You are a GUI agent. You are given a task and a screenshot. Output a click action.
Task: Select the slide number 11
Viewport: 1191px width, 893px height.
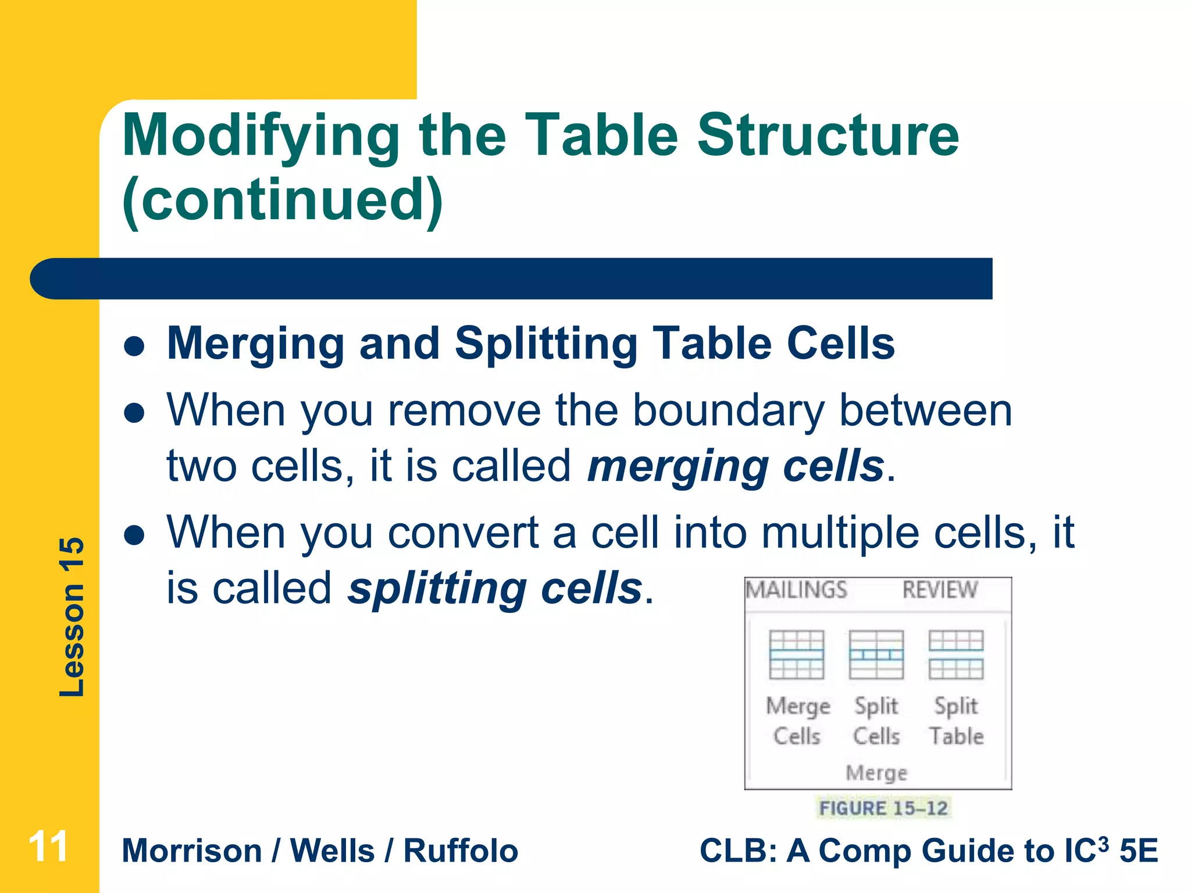(x=48, y=846)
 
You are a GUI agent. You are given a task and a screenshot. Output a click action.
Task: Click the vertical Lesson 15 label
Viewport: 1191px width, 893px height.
(x=72, y=617)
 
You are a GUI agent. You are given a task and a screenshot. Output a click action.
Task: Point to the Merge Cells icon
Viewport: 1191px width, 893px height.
(x=796, y=655)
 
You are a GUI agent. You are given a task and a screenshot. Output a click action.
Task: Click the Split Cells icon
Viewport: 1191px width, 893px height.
(x=876, y=655)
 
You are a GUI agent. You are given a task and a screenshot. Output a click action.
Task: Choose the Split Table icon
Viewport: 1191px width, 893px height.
(x=955, y=655)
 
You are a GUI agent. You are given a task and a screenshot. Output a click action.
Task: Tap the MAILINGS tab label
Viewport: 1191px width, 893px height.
(x=796, y=590)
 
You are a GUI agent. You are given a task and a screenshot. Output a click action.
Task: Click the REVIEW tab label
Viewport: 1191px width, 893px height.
(x=939, y=590)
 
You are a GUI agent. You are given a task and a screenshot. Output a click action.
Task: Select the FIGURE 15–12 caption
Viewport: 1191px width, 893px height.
(x=883, y=808)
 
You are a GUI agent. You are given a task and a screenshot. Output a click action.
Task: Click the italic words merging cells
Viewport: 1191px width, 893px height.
(x=735, y=466)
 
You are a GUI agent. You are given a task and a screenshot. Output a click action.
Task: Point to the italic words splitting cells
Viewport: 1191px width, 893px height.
(x=494, y=588)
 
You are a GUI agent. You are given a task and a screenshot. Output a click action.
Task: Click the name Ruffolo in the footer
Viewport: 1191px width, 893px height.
(x=461, y=851)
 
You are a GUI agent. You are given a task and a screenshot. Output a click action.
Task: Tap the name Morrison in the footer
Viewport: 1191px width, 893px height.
(x=192, y=851)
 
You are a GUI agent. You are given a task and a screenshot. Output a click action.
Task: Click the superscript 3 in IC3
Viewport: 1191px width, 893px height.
(x=1102, y=843)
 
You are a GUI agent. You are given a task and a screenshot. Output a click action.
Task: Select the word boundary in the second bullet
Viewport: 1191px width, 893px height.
(x=728, y=411)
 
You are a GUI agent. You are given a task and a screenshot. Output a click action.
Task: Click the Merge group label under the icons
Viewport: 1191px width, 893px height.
(x=876, y=773)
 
